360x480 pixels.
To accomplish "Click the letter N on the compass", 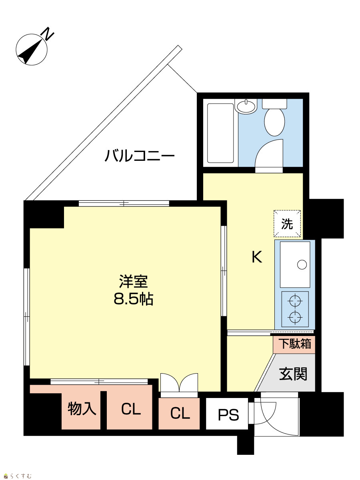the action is (x=48, y=34).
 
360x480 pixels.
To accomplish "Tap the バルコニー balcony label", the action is (x=140, y=156).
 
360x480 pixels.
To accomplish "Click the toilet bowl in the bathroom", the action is (x=274, y=122).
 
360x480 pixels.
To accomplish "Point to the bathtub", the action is (x=220, y=133).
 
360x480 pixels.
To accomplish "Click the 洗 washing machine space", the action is (x=287, y=224).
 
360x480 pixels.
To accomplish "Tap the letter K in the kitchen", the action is (x=257, y=257).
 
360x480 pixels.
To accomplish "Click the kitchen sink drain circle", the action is (x=302, y=265).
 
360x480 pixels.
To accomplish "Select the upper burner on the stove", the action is (x=295, y=301).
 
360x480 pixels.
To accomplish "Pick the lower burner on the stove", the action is (x=295, y=317).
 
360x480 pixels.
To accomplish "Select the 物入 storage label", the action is (x=82, y=408).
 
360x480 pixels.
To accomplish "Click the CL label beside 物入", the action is (x=131, y=409).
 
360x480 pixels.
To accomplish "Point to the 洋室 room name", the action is (x=134, y=282).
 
